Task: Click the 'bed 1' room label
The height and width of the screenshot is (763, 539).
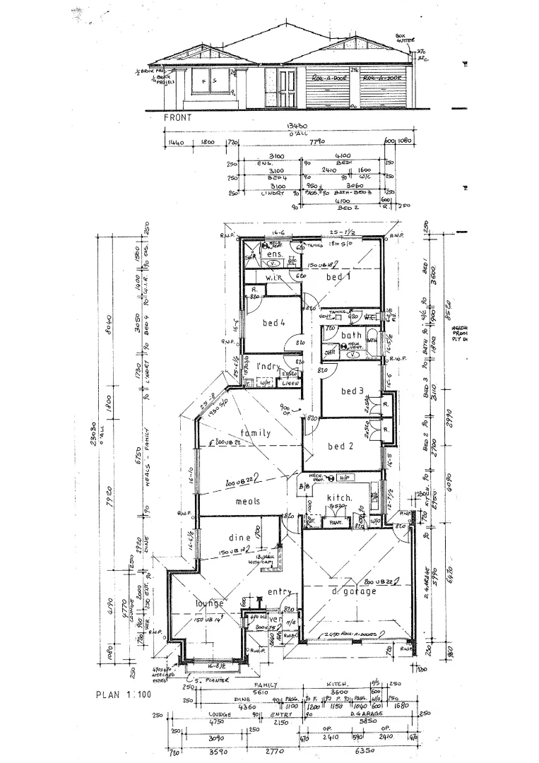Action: [x=338, y=278]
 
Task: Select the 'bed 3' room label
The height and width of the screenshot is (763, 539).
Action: [x=352, y=391]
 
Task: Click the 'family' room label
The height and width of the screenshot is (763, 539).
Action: [x=255, y=433]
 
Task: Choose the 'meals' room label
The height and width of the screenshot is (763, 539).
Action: [x=247, y=502]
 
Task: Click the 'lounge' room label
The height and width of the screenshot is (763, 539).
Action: [x=210, y=603]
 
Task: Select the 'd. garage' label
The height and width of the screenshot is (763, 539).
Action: [x=355, y=591]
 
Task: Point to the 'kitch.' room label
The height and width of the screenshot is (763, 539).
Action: [x=339, y=499]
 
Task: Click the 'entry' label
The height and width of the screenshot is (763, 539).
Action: [x=279, y=591]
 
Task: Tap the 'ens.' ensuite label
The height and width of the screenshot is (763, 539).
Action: [x=276, y=254]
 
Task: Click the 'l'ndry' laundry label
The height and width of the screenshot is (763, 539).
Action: [x=269, y=366]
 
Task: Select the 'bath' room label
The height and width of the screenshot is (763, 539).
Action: [x=351, y=336]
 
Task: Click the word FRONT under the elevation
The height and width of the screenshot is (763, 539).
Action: [x=178, y=118]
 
